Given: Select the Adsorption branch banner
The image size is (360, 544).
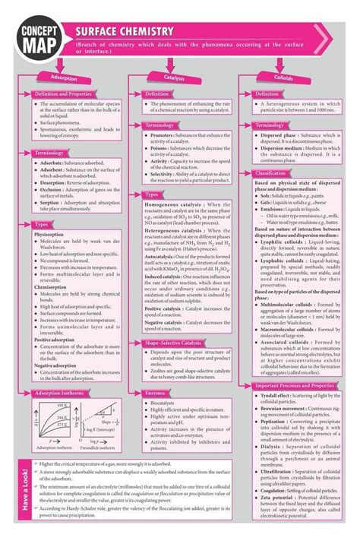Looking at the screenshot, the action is (63, 77).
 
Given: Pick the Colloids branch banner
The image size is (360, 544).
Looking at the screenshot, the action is (297, 77).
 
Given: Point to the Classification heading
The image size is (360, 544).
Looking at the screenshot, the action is (280, 173).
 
